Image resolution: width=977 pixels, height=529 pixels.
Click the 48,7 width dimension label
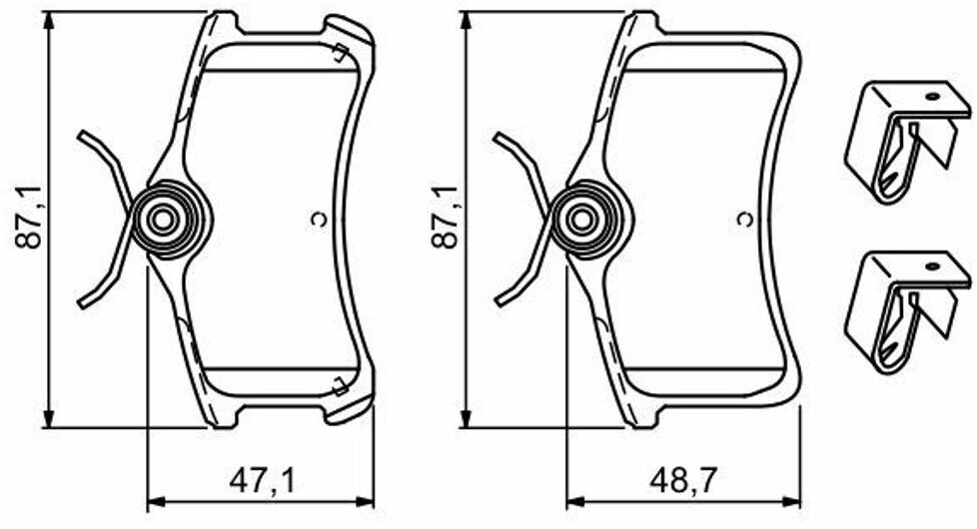(x=683, y=481)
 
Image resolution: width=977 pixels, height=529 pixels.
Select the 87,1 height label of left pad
(x=29, y=219)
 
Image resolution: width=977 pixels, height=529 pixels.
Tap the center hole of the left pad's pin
(x=163, y=220)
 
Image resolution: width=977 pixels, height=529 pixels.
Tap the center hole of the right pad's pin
(x=582, y=220)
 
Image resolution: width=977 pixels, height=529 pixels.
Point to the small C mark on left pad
(x=319, y=219)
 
